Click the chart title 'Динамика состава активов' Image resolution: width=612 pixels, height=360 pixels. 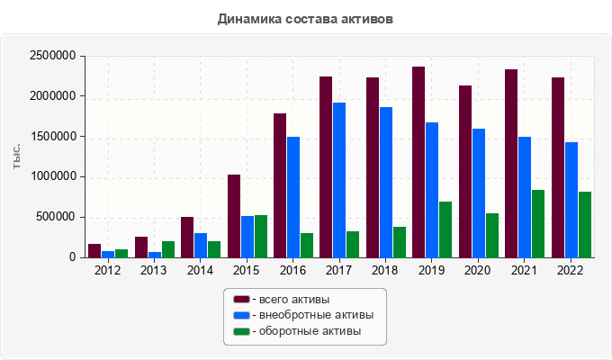click(305, 18)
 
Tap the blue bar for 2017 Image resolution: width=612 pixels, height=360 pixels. click(339, 180)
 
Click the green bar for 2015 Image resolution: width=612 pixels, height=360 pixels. click(261, 236)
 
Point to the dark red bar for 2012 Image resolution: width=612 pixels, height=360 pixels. click(94, 250)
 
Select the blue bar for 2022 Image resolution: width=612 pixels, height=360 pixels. click(571, 200)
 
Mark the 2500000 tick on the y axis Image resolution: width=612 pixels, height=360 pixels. click(51, 56)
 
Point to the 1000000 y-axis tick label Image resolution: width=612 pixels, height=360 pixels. click(51, 176)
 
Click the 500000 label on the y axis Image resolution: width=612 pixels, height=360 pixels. click(55, 217)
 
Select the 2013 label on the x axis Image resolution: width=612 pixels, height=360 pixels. click(153, 269)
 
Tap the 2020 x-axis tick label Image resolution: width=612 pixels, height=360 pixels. click(477, 269)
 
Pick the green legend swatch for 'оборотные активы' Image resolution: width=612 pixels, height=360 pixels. click(241, 331)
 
